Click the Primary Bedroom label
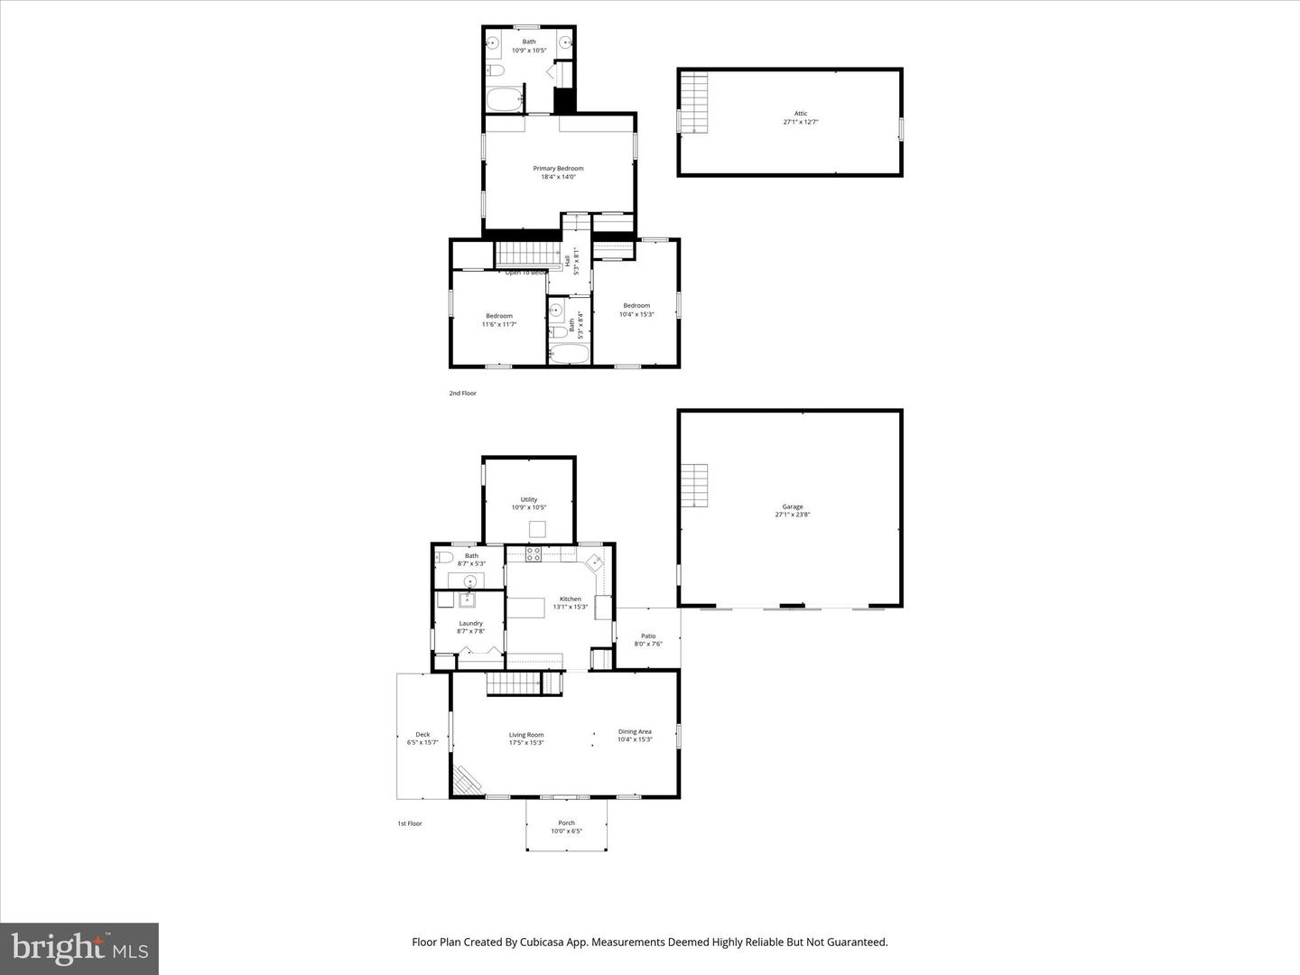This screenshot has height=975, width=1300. click(558, 169)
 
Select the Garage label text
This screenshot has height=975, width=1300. click(793, 506)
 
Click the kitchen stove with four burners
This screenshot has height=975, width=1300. click(534, 555)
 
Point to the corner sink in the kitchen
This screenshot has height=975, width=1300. click(596, 562)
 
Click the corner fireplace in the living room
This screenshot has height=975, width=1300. click(467, 779)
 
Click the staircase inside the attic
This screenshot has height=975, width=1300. click(693, 103)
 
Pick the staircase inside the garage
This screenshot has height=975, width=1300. click(693, 486)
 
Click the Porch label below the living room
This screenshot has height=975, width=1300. click(566, 822)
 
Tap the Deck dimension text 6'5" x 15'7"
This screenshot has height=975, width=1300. click(422, 743)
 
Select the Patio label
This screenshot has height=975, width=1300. click(648, 636)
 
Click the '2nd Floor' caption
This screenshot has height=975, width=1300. click(462, 394)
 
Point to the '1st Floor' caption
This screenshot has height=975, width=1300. click(410, 823)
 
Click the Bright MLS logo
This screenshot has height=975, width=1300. click(79, 948)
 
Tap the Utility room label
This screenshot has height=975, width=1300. click(529, 499)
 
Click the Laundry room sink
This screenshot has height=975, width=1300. click(468, 599)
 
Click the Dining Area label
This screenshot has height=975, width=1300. click(635, 731)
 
